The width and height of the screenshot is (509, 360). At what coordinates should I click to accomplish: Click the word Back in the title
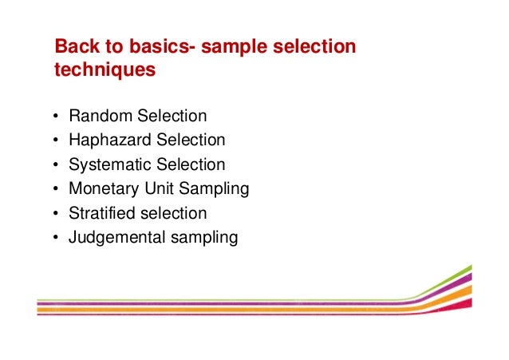pos(75,47)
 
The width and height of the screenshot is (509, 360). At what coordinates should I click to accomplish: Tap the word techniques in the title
pos(105,70)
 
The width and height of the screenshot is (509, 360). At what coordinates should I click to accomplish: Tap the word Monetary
pos(103,189)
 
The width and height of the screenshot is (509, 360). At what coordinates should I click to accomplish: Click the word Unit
pos(156,189)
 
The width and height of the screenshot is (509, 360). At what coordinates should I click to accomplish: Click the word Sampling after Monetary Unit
pos(213,190)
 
